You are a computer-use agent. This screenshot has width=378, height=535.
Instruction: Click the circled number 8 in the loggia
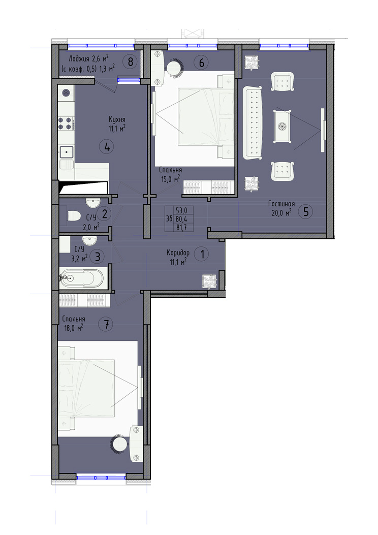tap(131, 62)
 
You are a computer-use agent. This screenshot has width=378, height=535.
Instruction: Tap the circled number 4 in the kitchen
tap(107, 147)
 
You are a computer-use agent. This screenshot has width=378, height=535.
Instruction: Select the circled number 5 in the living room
tap(306, 211)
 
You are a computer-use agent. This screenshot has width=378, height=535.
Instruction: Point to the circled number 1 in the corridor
tap(202, 254)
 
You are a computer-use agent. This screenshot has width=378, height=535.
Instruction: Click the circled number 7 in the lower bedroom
tap(106, 324)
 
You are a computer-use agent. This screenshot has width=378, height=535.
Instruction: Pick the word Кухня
tap(117, 119)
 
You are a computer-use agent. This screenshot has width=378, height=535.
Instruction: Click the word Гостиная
tap(281, 204)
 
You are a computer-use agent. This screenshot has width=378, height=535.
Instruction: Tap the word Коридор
tap(178, 253)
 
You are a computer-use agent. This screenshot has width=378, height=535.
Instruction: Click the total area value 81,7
tap(179, 226)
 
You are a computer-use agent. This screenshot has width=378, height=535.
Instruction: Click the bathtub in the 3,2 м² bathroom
tap(81, 278)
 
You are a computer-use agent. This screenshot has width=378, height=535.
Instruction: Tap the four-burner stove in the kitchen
tap(66, 123)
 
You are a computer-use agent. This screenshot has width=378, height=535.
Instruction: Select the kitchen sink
tap(67, 151)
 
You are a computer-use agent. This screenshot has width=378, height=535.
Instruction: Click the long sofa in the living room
tap(253, 122)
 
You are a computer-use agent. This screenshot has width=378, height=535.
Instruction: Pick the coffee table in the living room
tap(282, 126)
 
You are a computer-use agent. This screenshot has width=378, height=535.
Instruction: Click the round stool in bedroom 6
tap(176, 66)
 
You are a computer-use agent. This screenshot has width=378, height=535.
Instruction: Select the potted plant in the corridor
tap(209, 281)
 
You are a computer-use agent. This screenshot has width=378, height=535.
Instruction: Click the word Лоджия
tap(79, 59)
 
